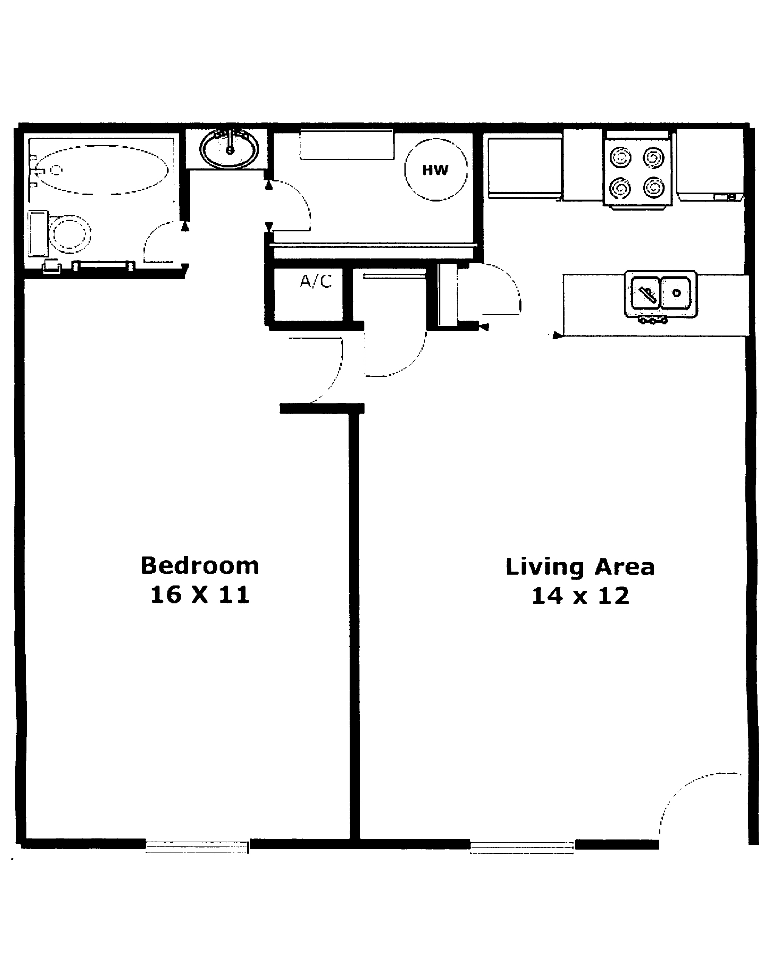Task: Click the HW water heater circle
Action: point(436,169)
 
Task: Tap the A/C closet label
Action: point(316,282)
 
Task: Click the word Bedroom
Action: point(200,566)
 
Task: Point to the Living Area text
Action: point(580,567)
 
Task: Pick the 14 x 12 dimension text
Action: point(580,596)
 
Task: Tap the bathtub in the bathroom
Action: point(102,170)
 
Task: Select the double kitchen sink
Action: point(661,293)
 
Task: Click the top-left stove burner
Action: point(620,158)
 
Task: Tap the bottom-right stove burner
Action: point(654,187)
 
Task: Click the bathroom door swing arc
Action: point(156,237)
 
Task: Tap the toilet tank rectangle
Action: point(37,233)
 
